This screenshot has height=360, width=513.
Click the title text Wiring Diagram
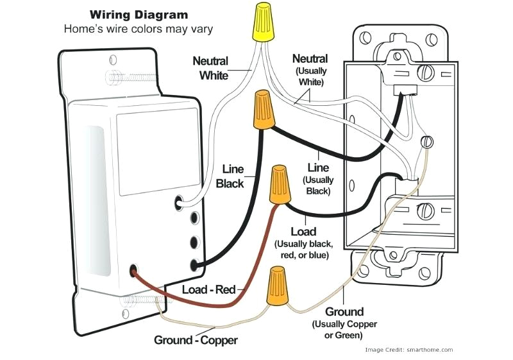click(138, 14)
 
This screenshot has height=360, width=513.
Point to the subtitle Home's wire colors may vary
click(138, 29)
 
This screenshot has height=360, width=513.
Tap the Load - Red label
click(209, 289)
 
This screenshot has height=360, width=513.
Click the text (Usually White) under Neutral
click(310, 76)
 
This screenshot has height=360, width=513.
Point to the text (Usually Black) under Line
click(317, 185)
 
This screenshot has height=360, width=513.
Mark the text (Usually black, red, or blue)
click(303, 250)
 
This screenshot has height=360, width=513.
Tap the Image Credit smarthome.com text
click(408, 350)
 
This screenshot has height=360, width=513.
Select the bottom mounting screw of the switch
click(136, 301)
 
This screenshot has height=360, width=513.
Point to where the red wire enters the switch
click(134, 271)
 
